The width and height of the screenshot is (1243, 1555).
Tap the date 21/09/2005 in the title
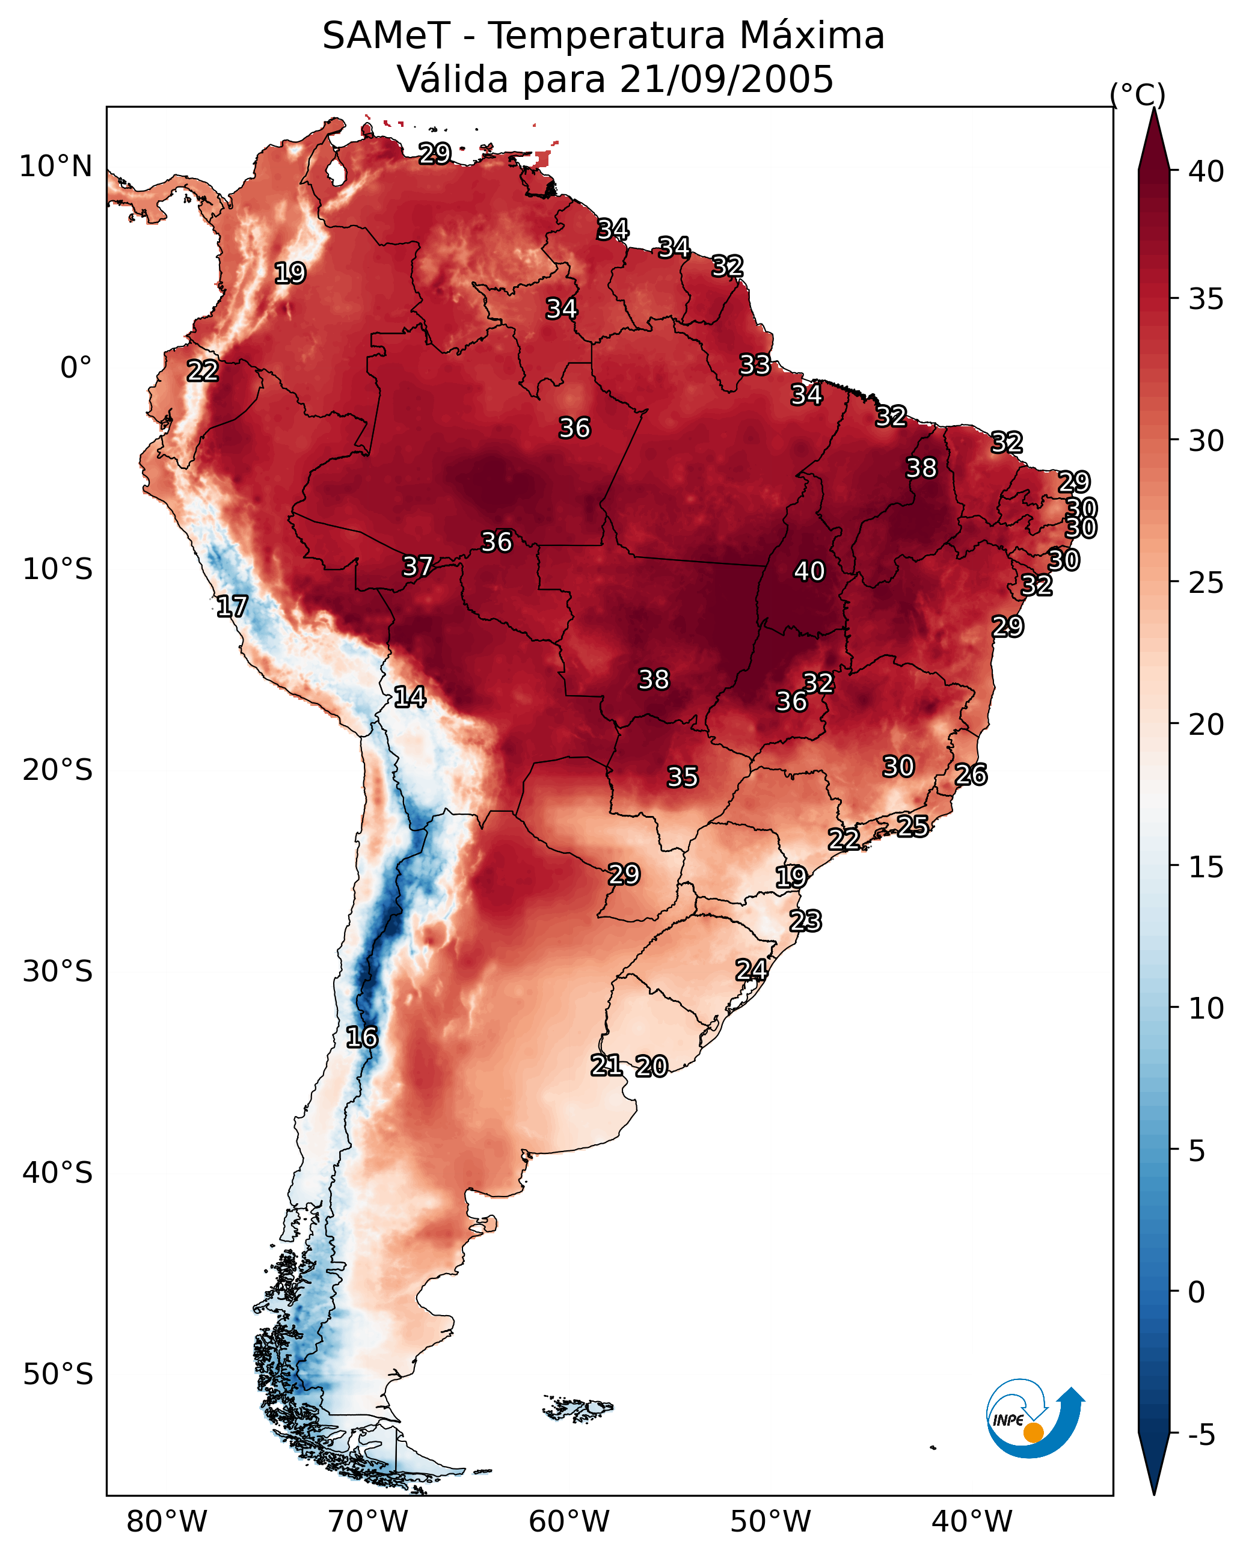[x=726, y=79]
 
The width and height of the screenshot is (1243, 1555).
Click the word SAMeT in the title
[x=386, y=36]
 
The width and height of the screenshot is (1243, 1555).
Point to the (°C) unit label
[x=1137, y=94]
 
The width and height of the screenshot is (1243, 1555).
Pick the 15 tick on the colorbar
[x=1206, y=867]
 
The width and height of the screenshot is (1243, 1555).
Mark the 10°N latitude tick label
[x=55, y=167]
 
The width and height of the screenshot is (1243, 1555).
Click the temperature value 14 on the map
[x=410, y=698]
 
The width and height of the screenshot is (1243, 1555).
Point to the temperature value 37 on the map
[x=418, y=567]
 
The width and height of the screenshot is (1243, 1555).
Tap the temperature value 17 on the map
[x=232, y=607]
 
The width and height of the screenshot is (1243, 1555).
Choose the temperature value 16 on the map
[x=362, y=1038]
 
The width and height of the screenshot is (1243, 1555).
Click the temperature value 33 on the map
[x=755, y=365]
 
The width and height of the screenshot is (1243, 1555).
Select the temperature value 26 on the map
[x=971, y=775]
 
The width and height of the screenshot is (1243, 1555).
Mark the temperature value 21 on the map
[x=607, y=1066]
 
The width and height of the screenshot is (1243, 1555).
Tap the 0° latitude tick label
[x=76, y=368]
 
